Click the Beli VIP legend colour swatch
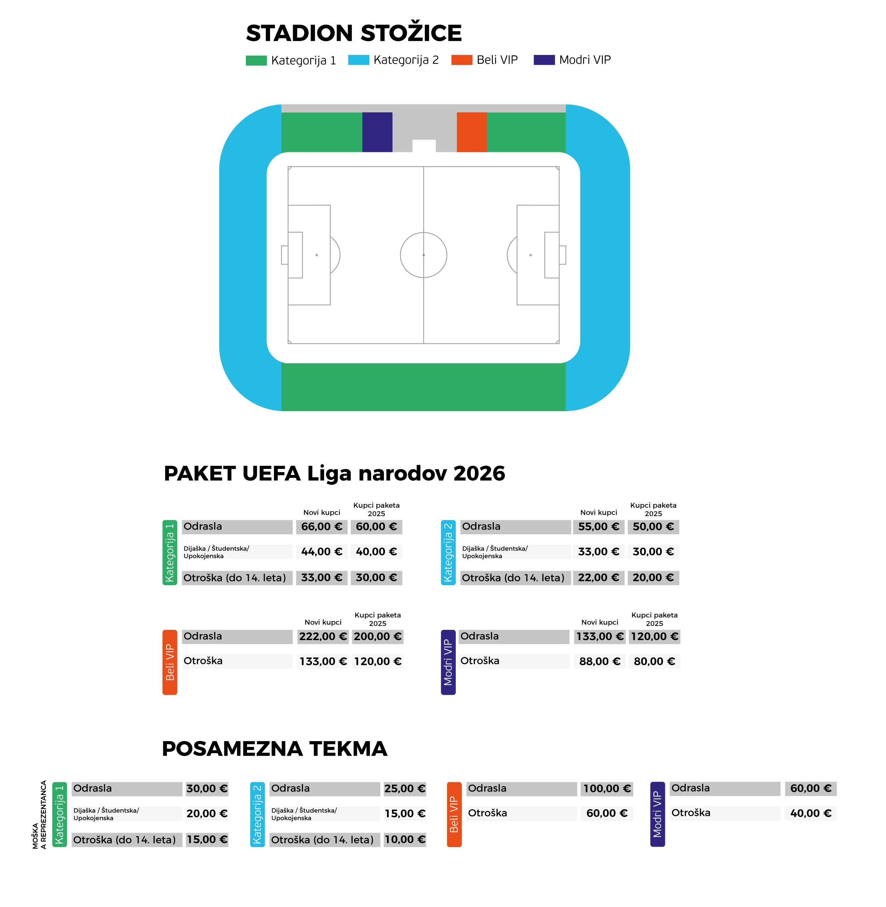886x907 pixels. click(462, 60)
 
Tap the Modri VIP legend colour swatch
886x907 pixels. click(544, 60)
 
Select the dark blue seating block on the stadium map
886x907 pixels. click(377, 132)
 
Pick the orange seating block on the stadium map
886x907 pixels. click(471, 132)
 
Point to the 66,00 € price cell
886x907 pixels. click(321, 527)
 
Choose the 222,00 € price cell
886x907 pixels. click(323, 637)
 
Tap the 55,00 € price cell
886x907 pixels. click(599, 527)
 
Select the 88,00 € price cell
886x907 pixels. click(600, 661)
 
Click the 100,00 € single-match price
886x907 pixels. click(607, 789)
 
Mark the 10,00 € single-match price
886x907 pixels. click(405, 840)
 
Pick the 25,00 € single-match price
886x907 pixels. click(405, 789)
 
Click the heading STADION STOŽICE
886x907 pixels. click(354, 33)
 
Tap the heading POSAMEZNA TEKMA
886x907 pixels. click(275, 749)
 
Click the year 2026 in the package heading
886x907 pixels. click(479, 474)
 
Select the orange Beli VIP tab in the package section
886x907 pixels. click(170, 662)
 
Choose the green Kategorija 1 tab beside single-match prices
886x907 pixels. click(60, 814)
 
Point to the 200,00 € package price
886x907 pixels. click(377, 637)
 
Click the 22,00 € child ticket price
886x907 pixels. click(599, 578)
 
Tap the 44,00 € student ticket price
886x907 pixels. click(321, 552)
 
